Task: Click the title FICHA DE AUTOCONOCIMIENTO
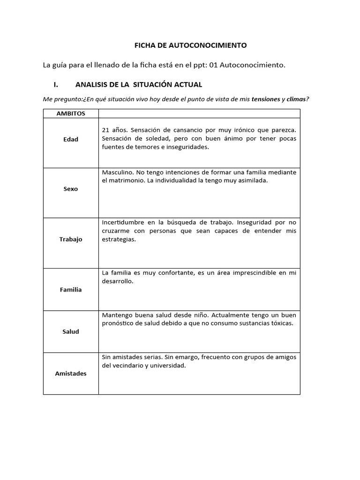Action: coord(190,45)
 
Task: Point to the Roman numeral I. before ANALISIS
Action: coord(57,85)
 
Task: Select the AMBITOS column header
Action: coord(71,113)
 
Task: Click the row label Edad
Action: coord(71,139)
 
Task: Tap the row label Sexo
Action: coord(71,189)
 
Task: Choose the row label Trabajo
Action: coord(71,239)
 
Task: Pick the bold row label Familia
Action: coord(71,290)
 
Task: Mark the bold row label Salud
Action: coord(71,331)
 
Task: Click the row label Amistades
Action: coord(71,374)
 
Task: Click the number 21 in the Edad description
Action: coord(105,130)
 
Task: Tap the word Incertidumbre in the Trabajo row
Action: coord(123,222)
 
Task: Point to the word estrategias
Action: coord(118,239)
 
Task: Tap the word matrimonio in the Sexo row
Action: coord(127,181)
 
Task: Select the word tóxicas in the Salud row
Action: coord(282,323)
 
